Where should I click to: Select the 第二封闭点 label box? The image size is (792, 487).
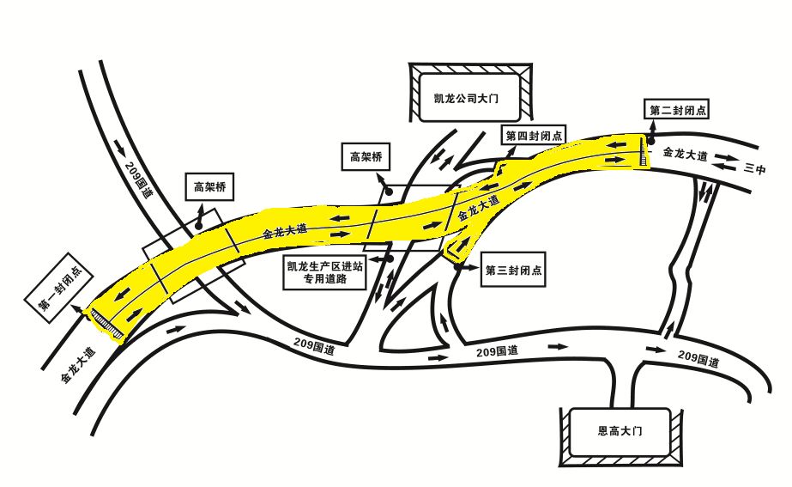tap(677, 110)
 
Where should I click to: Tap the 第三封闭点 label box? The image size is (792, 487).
tap(512, 270)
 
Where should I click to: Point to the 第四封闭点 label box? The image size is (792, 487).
tap(534, 136)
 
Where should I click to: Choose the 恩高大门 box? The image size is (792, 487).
tap(620, 431)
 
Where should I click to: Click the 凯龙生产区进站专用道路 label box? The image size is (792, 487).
tap(324, 271)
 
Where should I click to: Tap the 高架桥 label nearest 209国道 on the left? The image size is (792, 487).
tap(209, 186)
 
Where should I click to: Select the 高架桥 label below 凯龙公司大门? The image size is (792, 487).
tap(366, 157)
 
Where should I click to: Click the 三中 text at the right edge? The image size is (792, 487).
tap(754, 169)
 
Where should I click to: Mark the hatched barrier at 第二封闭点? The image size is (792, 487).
tap(643, 151)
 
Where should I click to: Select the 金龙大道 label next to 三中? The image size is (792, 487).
tap(685, 154)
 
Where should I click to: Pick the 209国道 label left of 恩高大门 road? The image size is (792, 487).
tap(497, 350)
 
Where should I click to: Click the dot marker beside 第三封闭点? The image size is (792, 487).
tap(456, 267)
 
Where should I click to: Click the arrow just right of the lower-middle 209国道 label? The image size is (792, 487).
tap(558, 346)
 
